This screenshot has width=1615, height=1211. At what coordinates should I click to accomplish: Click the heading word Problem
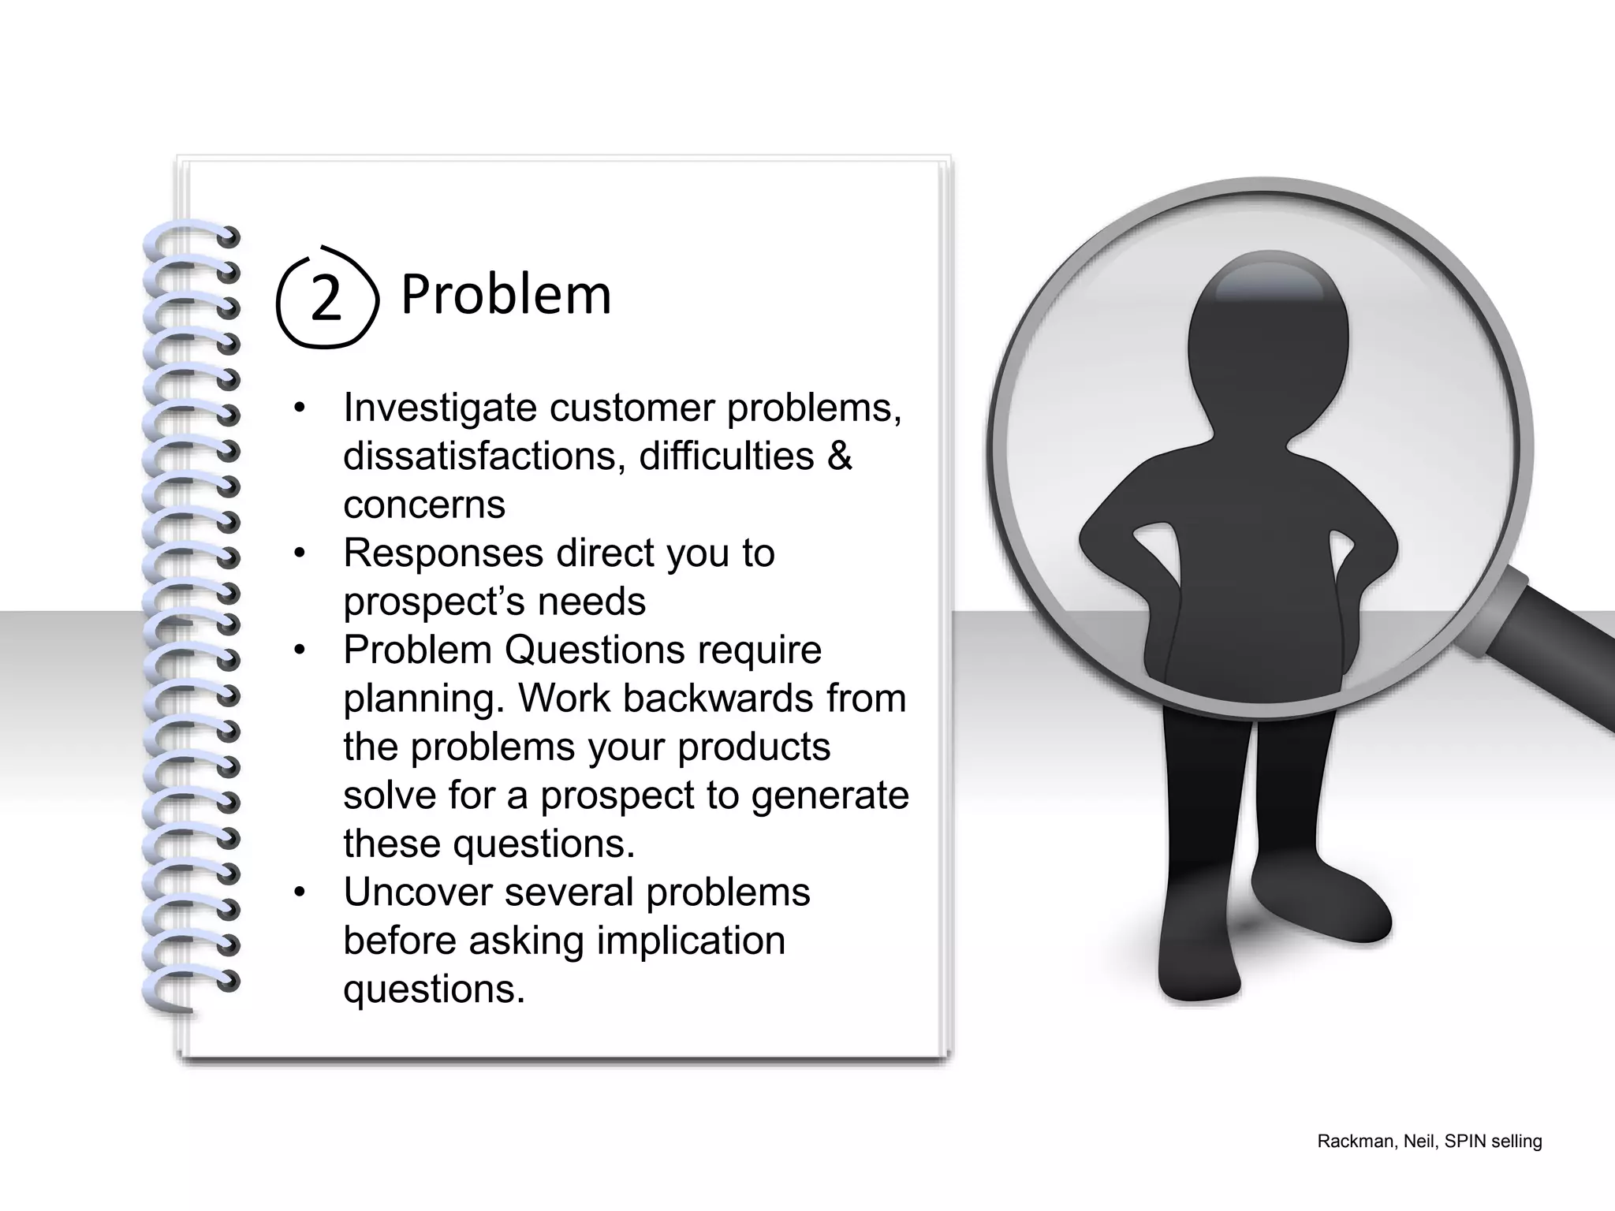(505, 294)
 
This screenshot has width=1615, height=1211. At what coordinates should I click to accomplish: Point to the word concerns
(424, 505)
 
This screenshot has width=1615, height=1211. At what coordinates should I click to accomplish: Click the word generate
(830, 796)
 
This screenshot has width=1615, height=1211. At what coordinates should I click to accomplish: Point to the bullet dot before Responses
(299, 553)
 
